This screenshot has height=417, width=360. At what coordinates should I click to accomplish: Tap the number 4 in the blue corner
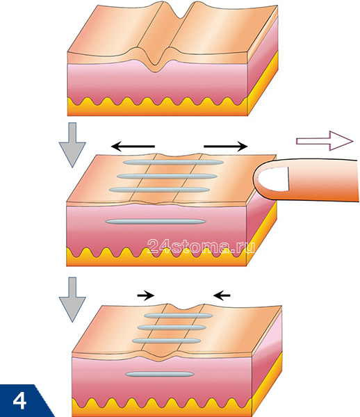pyautogui.click(x=22, y=401)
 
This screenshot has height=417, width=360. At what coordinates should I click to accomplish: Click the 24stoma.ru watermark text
pyautogui.click(x=202, y=246)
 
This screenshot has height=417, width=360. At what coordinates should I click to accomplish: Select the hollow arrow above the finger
pyautogui.click(x=322, y=141)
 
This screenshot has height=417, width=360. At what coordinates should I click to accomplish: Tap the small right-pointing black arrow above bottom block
pyautogui.click(x=146, y=295)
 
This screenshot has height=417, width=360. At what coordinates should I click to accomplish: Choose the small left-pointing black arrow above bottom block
pyautogui.click(x=222, y=295)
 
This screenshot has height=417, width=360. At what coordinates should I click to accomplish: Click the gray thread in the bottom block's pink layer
pyautogui.click(x=161, y=373)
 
